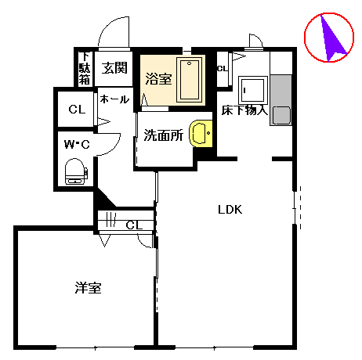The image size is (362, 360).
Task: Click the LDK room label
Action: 230,210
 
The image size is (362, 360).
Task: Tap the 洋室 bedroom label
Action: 88,288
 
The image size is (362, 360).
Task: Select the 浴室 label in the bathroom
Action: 158,78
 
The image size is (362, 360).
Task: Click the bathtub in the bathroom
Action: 190,80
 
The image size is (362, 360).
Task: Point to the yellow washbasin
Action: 201,133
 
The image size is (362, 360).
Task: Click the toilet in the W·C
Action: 76,171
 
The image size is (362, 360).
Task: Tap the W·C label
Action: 77,144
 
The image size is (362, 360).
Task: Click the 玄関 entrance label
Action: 114,68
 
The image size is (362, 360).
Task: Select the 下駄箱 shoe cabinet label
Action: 85,68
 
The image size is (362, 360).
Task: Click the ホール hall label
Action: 114,99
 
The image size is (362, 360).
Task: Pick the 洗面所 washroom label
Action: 164,135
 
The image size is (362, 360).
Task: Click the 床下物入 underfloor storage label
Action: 244,110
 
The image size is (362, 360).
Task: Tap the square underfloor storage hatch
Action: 253,90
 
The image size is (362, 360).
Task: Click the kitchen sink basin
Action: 281,115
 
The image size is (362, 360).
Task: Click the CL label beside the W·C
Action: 77,110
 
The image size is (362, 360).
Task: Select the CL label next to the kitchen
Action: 223,69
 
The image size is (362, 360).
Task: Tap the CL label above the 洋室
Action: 134,225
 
